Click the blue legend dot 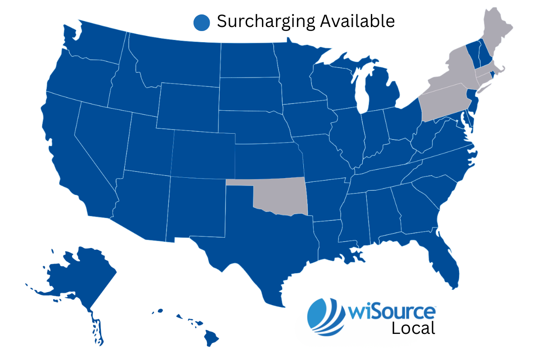click(202, 22)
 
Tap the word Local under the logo click(413, 328)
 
